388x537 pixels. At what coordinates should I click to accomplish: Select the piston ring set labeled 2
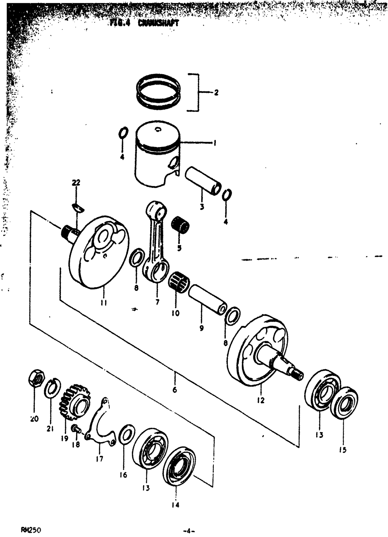[x=159, y=92]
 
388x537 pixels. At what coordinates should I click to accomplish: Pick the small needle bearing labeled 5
[x=180, y=224]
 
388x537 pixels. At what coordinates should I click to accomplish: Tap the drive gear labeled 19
[x=74, y=403]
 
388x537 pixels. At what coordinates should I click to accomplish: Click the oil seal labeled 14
[x=179, y=466]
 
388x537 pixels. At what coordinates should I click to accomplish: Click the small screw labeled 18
[x=76, y=429]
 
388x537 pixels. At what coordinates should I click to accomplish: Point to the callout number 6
[x=175, y=390]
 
